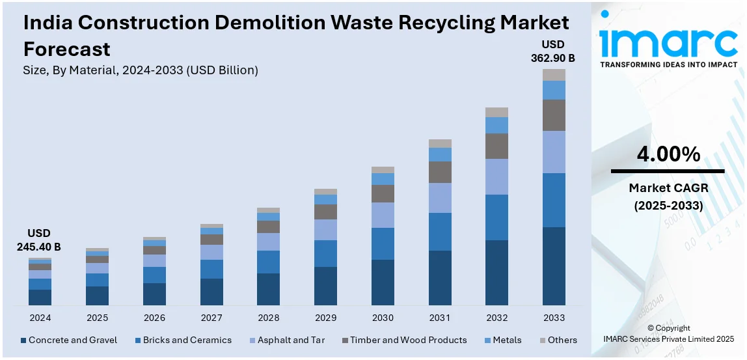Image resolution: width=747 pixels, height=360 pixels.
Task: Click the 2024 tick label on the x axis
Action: tap(40, 318)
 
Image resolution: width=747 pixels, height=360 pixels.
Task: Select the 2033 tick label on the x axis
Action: tap(554, 318)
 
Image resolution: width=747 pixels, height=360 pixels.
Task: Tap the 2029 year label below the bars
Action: tap(325, 318)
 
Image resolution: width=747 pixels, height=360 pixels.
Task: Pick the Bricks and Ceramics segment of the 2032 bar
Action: tap(496, 217)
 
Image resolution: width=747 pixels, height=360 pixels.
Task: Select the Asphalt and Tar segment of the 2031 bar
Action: tap(440, 198)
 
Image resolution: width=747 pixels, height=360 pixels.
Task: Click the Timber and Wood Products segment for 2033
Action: tap(554, 115)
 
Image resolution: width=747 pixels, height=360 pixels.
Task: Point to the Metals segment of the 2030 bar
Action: tap(383, 179)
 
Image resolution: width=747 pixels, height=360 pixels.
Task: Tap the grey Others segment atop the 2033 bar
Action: tap(554, 75)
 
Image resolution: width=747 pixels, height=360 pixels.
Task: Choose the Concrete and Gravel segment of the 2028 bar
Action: tap(268, 289)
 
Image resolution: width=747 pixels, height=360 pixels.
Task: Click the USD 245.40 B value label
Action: tap(39, 240)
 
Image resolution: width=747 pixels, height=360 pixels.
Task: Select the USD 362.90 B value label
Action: tap(553, 51)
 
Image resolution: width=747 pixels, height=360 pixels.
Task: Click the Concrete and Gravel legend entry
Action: tap(69, 340)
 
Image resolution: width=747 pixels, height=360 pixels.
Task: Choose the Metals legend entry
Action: tap(506, 340)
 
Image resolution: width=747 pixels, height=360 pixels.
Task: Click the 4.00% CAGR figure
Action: tap(668, 154)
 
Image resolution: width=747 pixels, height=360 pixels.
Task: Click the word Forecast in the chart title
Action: tap(66, 49)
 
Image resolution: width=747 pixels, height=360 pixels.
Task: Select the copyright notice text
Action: tap(668, 333)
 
